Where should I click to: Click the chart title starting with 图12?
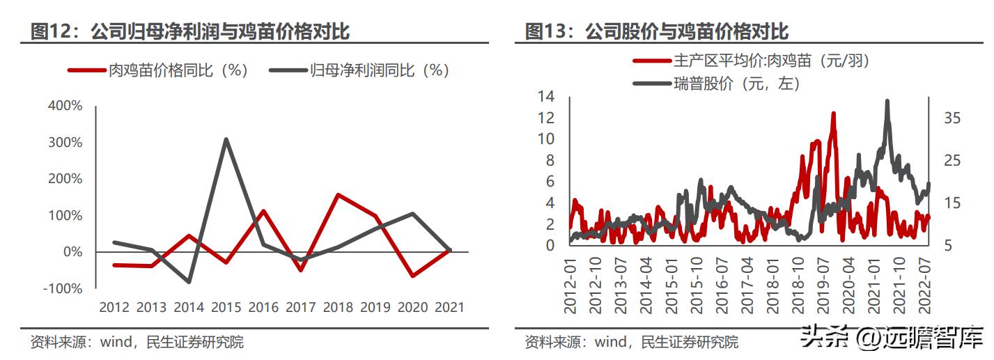point(189,31)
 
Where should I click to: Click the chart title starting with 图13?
point(656,31)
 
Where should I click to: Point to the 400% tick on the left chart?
point(65,106)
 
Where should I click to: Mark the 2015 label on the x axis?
point(226,307)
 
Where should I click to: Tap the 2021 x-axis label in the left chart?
point(449,307)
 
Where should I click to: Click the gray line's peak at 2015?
point(226,139)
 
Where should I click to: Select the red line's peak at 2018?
point(339,195)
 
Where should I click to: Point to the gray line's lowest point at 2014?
point(189,282)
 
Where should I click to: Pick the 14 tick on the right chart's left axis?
point(546,97)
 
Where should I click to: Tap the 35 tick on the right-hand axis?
point(952,118)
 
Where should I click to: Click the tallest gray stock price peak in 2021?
point(887,101)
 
